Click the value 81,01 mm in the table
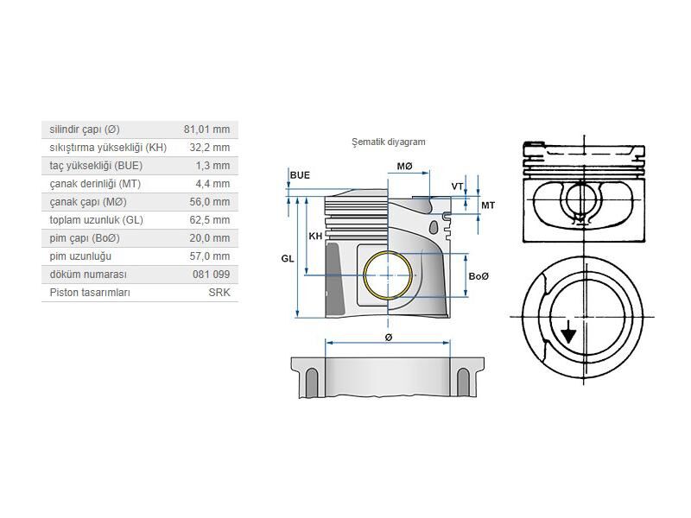pyautogui.click(x=206, y=129)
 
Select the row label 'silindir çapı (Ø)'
pyautogui.click(x=85, y=129)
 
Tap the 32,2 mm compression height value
pyautogui.click(x=209, y=148)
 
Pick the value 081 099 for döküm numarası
pyautogui.click(x=212, y=275)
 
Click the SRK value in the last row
pyautogui.click(x=219, y=293)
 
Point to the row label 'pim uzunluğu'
pyautogui.click(x=80, y=256)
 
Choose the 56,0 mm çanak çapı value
pyautogui.click(x=209, y=202)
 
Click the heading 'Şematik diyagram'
pyautogui.click(x=388, y=142)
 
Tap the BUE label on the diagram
pyautogui.click(x=300, y=175)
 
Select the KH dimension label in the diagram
pyautogui.click(x=315, y=235)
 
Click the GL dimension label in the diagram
pyautogui.click(x=287, y=258)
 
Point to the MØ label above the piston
pyautogui.click(x=404, y=165)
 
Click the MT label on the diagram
pyautogui.click(x=487, y=205)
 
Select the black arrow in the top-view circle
pyautogui.click(x=567, y=332)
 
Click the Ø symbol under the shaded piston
pyautogui.click(x=388, y=335)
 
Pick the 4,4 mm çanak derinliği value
pyautogui.click(x=212, y=184)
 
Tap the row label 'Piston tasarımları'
pyautogui.click(x=90, y=293)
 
